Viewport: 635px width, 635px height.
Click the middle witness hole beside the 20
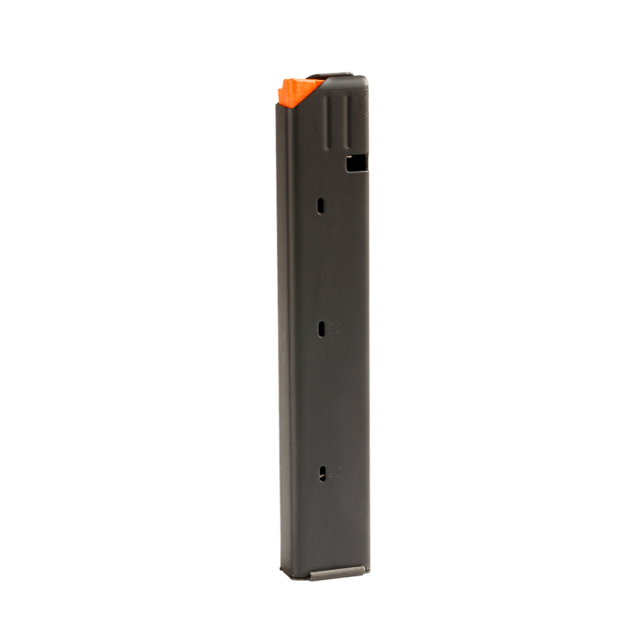click(321, 329)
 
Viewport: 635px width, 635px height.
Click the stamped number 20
click(334, 330)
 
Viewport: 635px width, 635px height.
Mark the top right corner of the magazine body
click(366, 78)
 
